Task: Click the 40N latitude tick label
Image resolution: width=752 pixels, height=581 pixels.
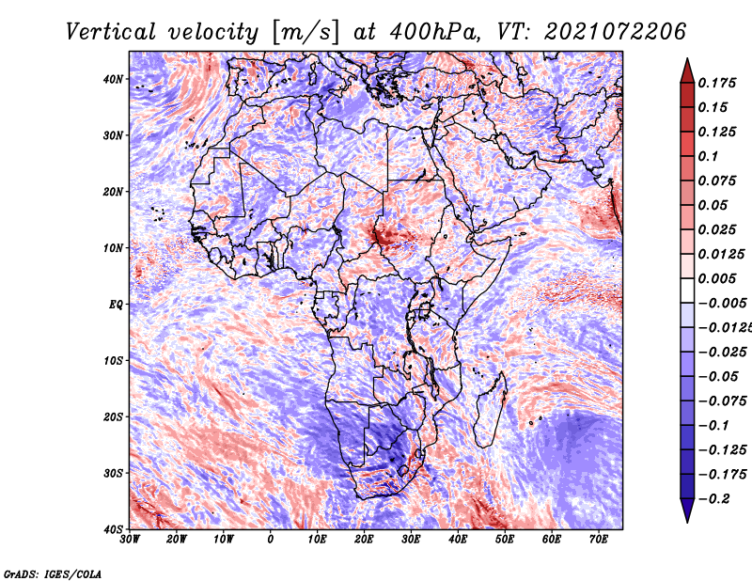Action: [114, 79]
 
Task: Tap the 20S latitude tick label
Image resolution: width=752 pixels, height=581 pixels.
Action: [114, 416]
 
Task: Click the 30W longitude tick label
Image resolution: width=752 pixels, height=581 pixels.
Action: [130, 540]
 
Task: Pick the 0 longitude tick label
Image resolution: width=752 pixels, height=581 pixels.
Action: [271, 540]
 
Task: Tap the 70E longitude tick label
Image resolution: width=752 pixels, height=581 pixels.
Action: [598, 540]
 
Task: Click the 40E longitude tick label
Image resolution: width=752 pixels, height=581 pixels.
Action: [458, 540]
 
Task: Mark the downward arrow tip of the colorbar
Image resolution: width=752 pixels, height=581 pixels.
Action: [687, 519]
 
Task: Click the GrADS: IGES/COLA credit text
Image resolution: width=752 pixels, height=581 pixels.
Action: [53, 573]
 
